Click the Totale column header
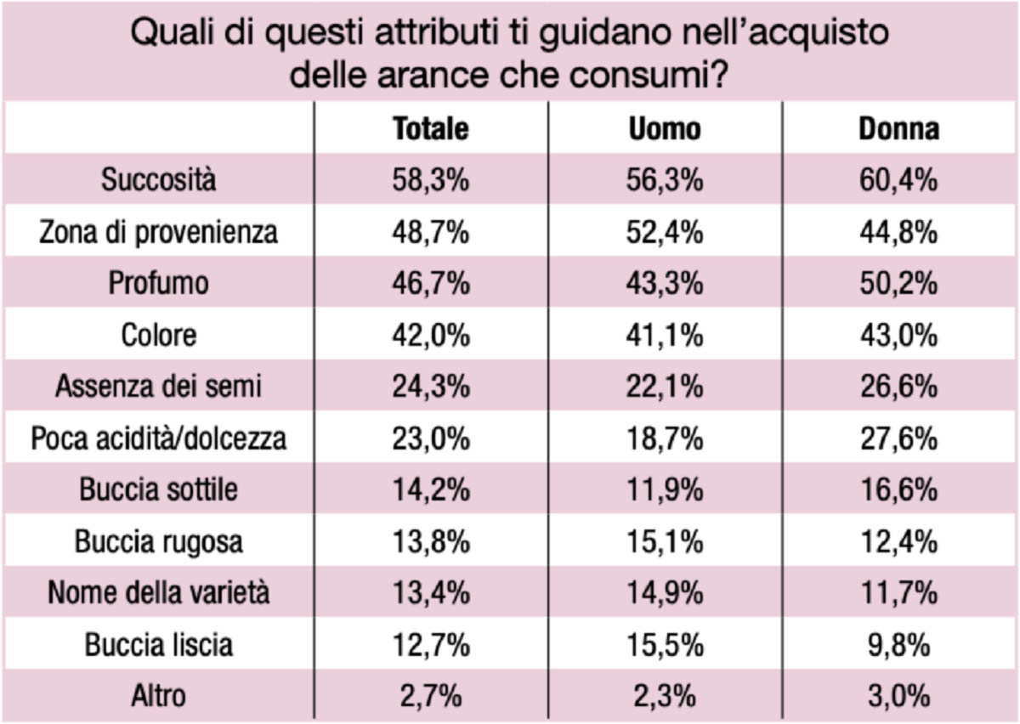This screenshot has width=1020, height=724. [x=431, y=129]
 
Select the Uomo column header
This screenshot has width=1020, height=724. [x=665, y=129]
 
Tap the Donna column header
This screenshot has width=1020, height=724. [x=899, y=129]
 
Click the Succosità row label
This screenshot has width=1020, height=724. [x=158, y=179]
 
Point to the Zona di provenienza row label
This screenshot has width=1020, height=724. [x=158, y=232]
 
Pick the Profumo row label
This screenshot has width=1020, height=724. [x=158, y=283]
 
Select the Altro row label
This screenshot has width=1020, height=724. [x=158, y=696]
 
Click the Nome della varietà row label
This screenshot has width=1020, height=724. [x=158, y=593]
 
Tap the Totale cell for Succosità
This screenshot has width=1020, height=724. [x=431, y=180]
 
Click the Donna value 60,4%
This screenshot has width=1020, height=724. [x=898, y=180]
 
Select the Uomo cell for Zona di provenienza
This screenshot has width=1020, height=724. [x=665, y=232]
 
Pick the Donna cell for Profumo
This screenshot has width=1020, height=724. [x=898, y=284]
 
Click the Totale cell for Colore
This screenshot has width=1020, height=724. [x=431, y=336]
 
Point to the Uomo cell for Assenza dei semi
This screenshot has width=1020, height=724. [x=665, y=387]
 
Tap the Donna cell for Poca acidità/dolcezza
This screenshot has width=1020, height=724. [x=898, y=438]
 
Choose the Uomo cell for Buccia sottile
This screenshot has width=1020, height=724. [x=665, y=490]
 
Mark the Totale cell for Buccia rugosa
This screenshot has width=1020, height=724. [x=431, y=542]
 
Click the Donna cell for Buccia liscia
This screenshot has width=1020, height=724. [x=898, y=645]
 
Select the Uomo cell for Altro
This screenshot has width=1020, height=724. [x=665, y=696]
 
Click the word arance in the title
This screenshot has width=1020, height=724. [x=433, y=74]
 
